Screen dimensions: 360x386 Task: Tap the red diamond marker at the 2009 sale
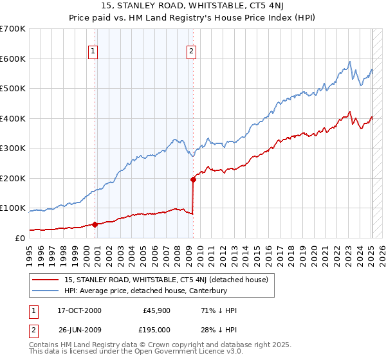(193, 180)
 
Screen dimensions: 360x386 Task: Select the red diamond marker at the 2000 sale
(95, 224)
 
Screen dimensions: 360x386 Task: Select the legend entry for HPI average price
(145, 291)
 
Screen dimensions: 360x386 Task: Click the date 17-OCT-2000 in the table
(79, 310)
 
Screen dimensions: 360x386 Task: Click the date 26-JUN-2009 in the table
(79, 328)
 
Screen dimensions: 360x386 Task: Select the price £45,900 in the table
(156, 310)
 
